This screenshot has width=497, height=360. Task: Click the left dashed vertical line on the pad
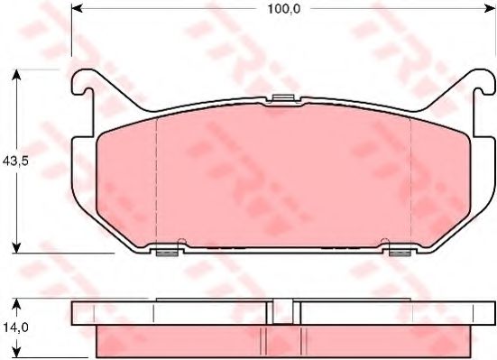click(157, 180)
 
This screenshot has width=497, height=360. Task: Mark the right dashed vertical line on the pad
click(410, 180)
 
